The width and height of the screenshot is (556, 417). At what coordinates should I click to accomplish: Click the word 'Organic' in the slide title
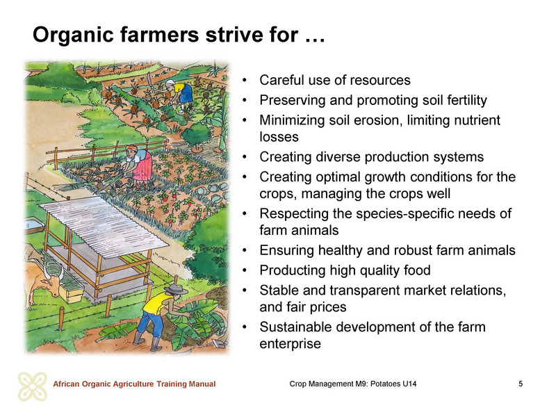click(74, 35)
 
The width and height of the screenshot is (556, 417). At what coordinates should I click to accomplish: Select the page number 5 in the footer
click(521, 384)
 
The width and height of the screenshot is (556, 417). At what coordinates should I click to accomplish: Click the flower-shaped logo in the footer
click(32, 386)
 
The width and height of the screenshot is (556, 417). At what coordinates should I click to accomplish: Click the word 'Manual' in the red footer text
click(202, 384)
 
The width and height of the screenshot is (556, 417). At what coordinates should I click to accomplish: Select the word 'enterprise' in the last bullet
click(290, 344)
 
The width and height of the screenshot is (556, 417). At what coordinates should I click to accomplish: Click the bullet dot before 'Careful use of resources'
click(245, 80)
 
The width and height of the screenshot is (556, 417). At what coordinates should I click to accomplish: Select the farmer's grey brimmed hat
click(176, 289)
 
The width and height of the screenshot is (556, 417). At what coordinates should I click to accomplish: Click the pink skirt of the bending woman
click(143, 167)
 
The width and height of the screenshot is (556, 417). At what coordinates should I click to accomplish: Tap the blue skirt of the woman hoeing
click(186, 94)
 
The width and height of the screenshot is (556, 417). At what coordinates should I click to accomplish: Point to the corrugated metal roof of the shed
click(104, 225)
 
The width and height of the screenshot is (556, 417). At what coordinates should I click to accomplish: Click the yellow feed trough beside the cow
click(72, 292)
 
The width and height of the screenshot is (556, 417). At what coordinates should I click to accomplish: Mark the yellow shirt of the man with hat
click(156, 305)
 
